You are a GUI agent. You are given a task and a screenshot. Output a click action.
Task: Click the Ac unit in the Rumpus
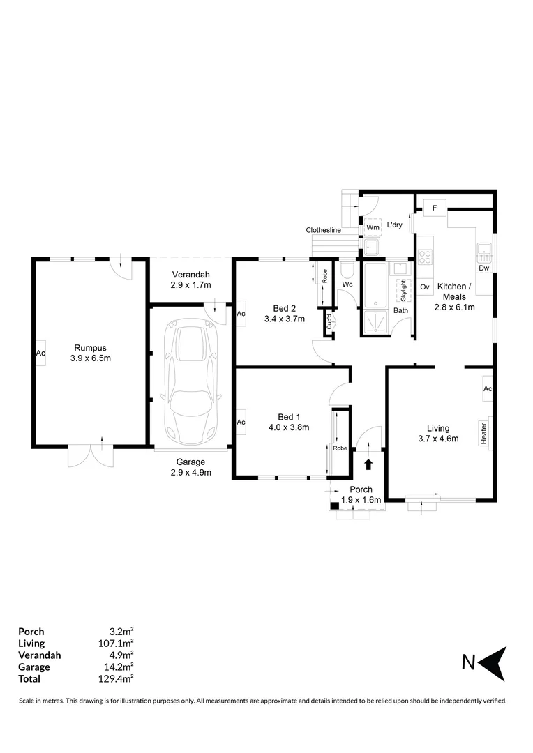[x=40, y=353]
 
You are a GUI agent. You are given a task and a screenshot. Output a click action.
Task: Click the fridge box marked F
[x=435, y=208]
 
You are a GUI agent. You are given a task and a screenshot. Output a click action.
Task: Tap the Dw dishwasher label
[x=484, y=268]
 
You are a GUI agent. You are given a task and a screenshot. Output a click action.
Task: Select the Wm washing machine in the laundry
[x=373, y=227]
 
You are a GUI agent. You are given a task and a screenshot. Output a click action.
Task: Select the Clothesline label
[x=323, y=230]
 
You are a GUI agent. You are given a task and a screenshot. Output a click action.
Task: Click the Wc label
[x=347, y=284]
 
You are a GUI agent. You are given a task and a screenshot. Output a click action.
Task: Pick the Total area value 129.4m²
[x=117, y=678]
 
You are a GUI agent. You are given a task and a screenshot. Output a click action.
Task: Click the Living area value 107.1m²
[x=117, y=644]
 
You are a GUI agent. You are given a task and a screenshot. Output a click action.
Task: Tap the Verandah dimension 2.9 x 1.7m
[x=190, y=285]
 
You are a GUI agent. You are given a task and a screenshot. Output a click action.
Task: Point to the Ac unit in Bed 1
[x=241, y=423]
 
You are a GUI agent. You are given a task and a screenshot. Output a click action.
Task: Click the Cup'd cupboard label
[x=329, y=324]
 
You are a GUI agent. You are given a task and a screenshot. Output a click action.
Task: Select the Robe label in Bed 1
[x=340, y=448]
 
